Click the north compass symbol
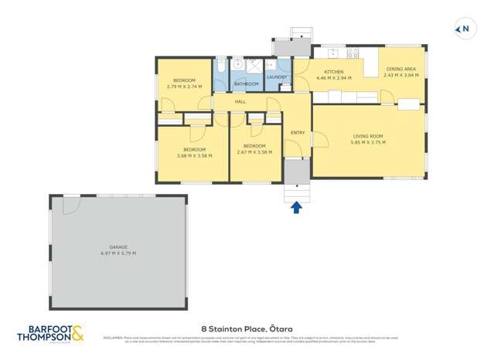[x=464, y=30]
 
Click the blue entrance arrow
[x=296, y=206]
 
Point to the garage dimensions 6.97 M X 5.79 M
[x=118, y=253]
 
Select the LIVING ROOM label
[x=367, y=136]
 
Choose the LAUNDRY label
[x=276, y=77]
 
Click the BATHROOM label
[x=246, y=83]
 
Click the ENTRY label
[x=297, y=133]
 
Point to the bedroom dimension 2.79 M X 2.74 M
[x=184, y=87]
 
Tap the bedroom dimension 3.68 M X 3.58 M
[x=194, y=155]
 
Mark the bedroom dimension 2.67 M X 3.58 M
[x=254, y=152]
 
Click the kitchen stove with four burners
[x=352, y=53]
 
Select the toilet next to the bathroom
[x=220, y=66]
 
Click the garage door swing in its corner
[x=70, y=205]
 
